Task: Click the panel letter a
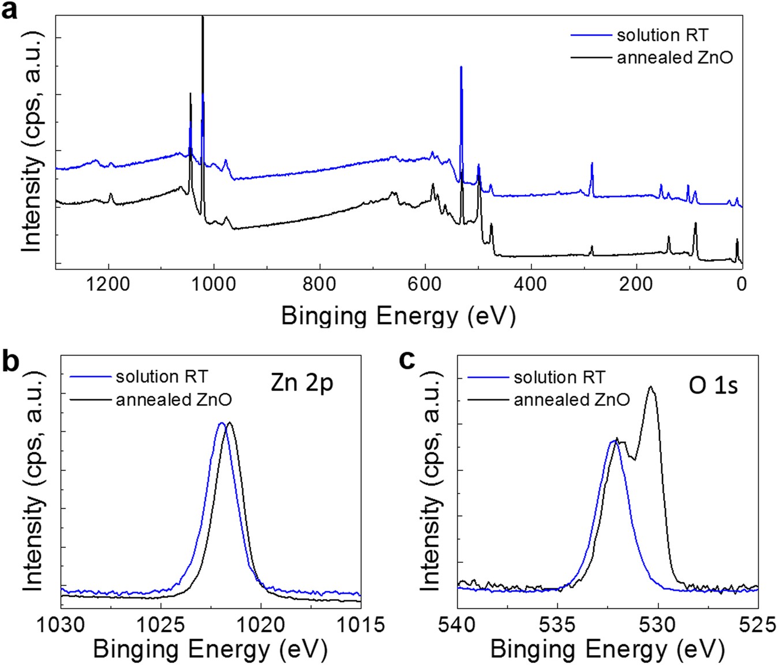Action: coord(10,10)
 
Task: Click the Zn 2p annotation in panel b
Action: coord(302,383)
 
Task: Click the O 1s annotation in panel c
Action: coord(713,386)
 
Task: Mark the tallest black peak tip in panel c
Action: coord(651,387)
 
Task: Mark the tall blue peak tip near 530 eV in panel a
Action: coord(461,67)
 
